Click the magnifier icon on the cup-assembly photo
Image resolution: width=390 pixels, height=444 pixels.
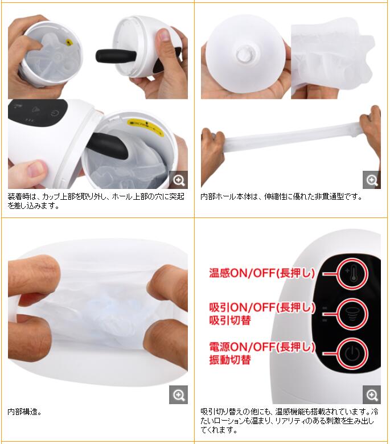point(178,179)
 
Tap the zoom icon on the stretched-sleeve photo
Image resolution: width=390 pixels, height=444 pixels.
point(372,179)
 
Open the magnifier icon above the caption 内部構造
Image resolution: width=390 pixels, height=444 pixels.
point(178,394)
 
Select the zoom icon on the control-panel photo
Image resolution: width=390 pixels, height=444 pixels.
point(372,394)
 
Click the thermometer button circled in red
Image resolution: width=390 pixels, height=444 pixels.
point(352,274)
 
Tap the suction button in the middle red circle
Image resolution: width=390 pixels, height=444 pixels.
point(352,314)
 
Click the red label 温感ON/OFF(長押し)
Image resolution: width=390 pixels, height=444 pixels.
point(262,273)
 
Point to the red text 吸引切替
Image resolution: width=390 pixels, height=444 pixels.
point(230,320)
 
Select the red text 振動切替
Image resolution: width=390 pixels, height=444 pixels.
point(230,360)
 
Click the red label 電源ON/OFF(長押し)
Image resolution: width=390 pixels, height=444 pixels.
point(262,347)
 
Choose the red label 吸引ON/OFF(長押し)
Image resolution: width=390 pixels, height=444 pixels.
point(262,307)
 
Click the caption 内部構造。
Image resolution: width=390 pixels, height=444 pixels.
point(24,412)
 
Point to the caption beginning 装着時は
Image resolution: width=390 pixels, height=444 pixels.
point(96,201)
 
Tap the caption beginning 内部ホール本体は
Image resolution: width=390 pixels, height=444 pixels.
point(281,196)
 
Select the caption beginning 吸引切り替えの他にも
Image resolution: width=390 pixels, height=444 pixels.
point(289,421)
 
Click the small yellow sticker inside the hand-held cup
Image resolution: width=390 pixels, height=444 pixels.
point(69,42)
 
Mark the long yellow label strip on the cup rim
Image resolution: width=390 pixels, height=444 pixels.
point(145,127)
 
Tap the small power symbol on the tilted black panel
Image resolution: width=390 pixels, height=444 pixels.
point(55,114)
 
